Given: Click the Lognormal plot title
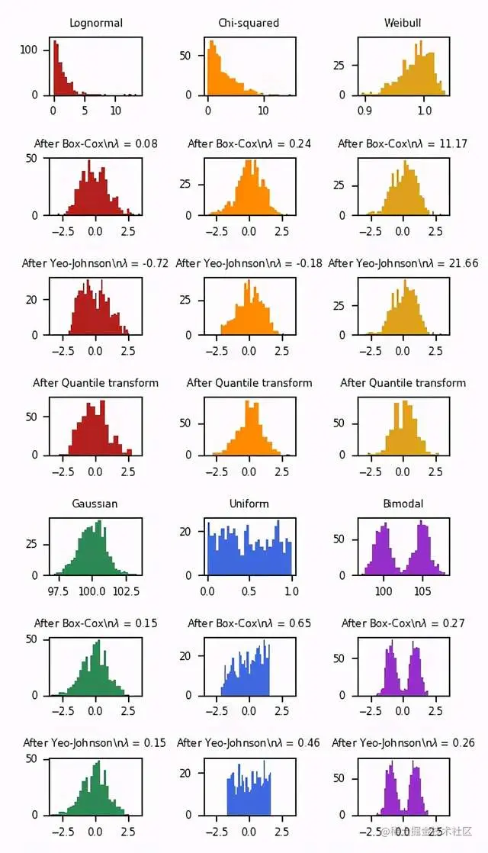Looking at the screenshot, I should (x=96, y=23).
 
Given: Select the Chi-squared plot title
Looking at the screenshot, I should (x=249, y=23).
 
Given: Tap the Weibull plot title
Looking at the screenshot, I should (x=403, y=23).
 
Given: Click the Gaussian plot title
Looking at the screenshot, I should (x=95, y=504).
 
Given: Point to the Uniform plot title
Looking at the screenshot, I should (x=249, y=504).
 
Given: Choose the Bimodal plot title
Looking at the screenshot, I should (x=403, y=504).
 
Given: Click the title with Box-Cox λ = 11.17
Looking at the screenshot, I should (x=403, y=143).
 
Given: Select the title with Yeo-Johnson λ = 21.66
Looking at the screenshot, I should (x=403, y=263).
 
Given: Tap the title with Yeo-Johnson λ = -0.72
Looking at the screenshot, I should (x=95, y=263).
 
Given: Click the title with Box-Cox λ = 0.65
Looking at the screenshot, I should (x=249, y=623).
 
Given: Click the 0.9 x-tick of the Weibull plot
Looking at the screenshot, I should (x=364, y=111).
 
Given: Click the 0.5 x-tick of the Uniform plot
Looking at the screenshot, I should (x=249, y=591).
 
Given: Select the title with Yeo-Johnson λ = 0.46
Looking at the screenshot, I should (x=249, y=743).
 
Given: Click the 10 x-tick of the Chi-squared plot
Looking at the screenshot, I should (x=263, y=111).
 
